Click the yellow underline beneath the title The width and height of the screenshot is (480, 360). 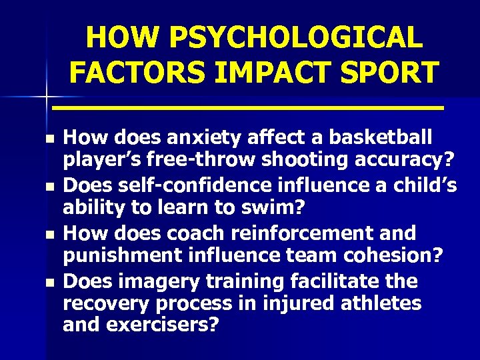tap(248, 107)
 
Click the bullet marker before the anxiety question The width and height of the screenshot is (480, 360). tap(49, 139)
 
